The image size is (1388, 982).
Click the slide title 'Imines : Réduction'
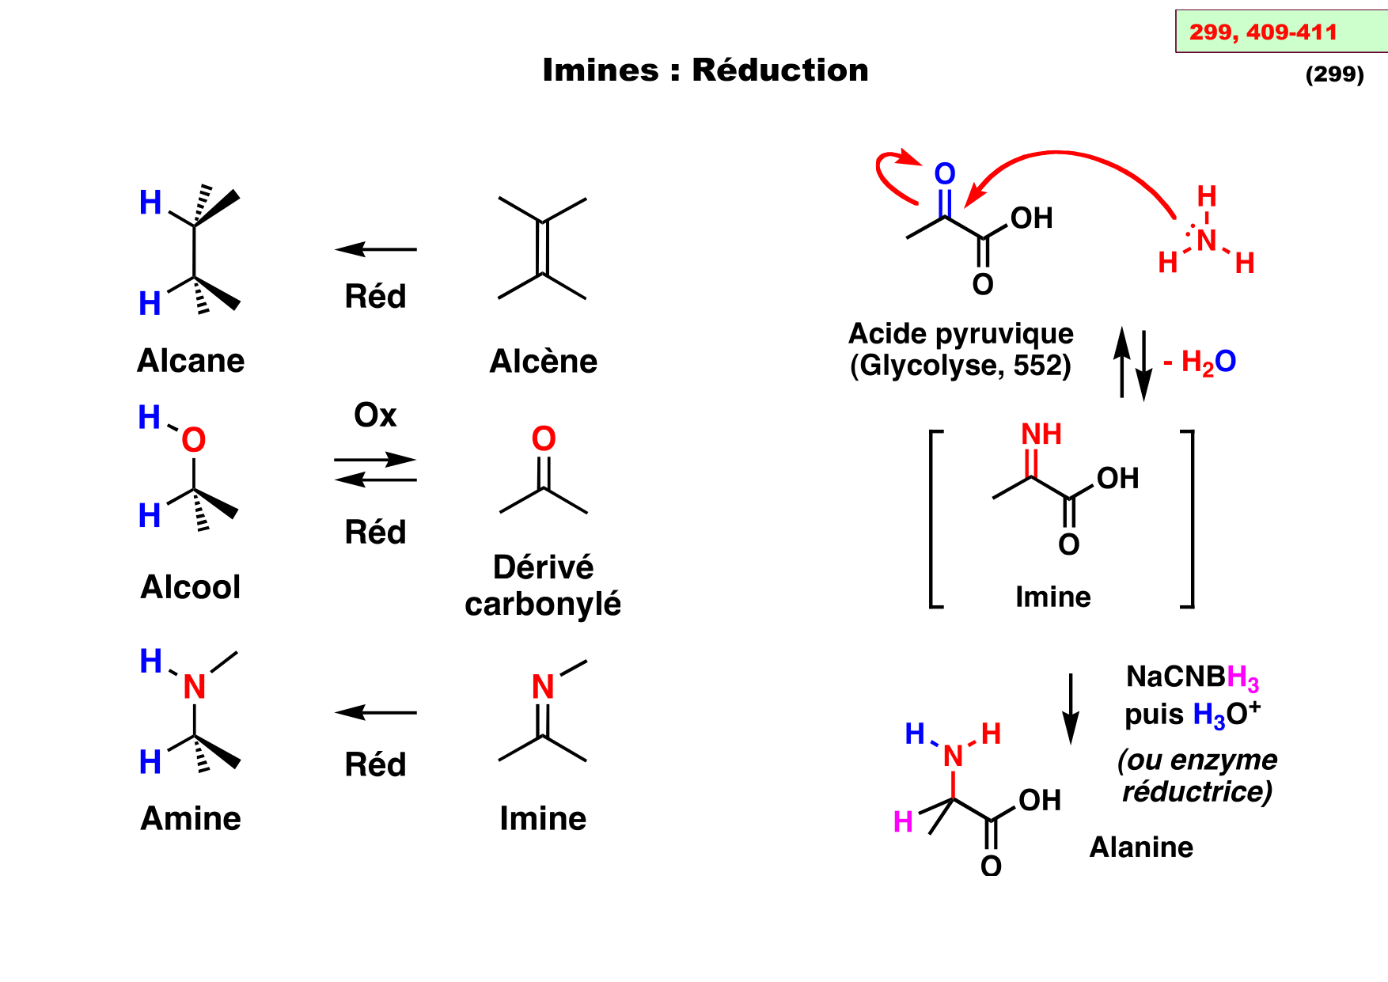point(705,70)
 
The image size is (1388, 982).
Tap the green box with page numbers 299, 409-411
point(1280,32)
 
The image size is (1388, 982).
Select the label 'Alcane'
point(191,361)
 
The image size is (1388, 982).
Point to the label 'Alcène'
point(544,362)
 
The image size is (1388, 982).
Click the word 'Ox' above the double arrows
point(375,415)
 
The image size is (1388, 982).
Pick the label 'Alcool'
point(191,587)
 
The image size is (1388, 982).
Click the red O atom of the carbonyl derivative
point(544,439)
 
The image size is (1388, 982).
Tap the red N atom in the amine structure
point(195,687)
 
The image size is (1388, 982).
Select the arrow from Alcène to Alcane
point(376,249)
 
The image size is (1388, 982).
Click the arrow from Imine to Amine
point(376,712)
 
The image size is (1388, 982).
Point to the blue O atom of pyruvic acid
point(945,174)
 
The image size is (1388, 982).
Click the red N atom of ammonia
point(1206,241)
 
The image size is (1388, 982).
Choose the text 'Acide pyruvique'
point(961,334)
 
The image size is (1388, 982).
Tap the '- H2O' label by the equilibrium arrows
point(1200,362)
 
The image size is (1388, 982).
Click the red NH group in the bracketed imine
point(1041,434)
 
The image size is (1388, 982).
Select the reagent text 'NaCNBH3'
point(1192,677)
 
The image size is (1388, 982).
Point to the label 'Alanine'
point(1141,847)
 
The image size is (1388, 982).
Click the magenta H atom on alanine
point(903,822)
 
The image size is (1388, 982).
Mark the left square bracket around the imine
point(935,519)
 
